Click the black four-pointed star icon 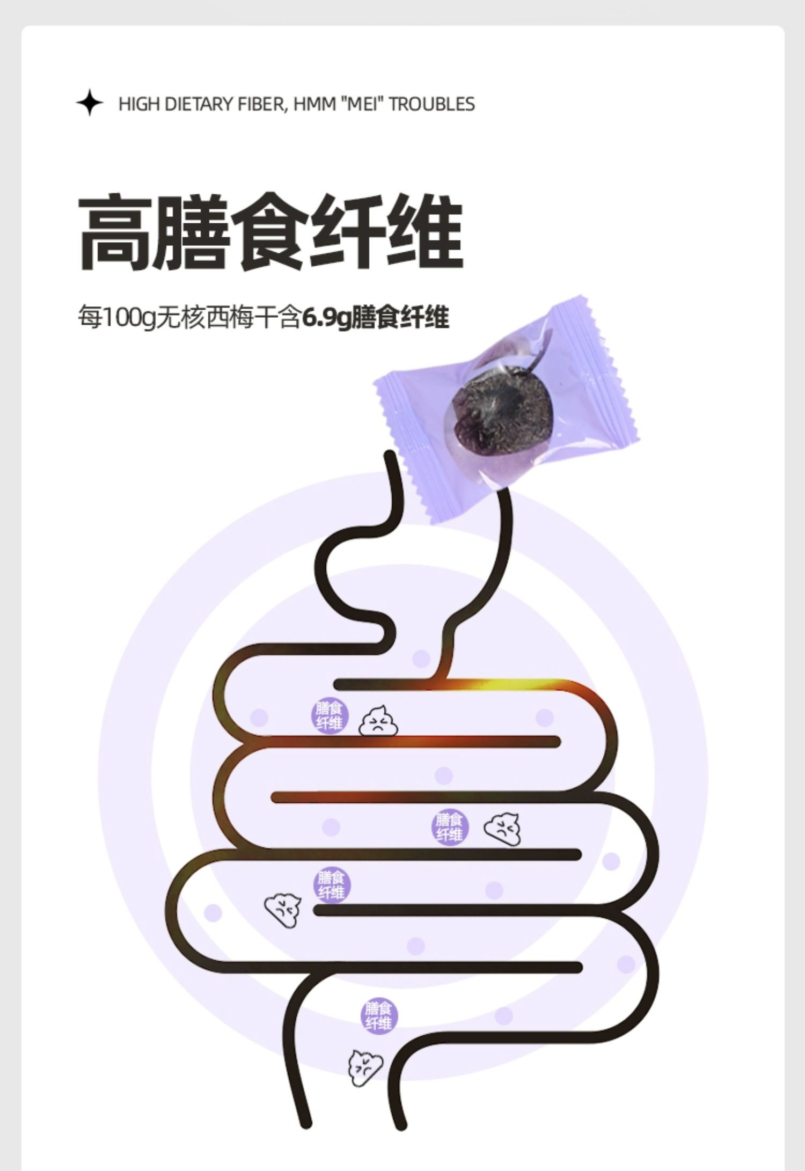coord(89,103)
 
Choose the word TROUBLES coord(431,104)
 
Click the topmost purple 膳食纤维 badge coord(330,715)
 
